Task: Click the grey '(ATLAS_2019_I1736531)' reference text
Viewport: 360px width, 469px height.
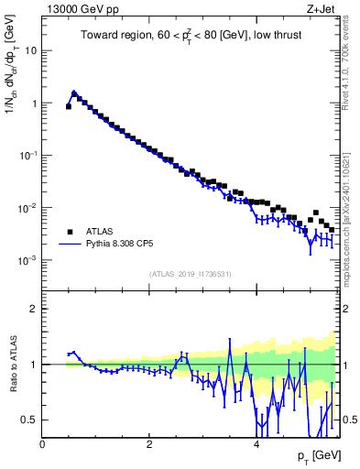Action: click(191, 274)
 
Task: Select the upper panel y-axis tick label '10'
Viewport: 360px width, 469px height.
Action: click(30, 50)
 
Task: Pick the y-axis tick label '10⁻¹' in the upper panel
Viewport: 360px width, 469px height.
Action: click(28, 156)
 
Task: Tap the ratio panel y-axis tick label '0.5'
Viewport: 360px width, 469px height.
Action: click(29, 420)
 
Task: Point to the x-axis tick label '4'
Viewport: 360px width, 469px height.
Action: click(256, 443)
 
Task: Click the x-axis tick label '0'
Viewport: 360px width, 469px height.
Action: click(43, 443)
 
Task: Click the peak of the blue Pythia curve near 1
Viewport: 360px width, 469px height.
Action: click(74, 92)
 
